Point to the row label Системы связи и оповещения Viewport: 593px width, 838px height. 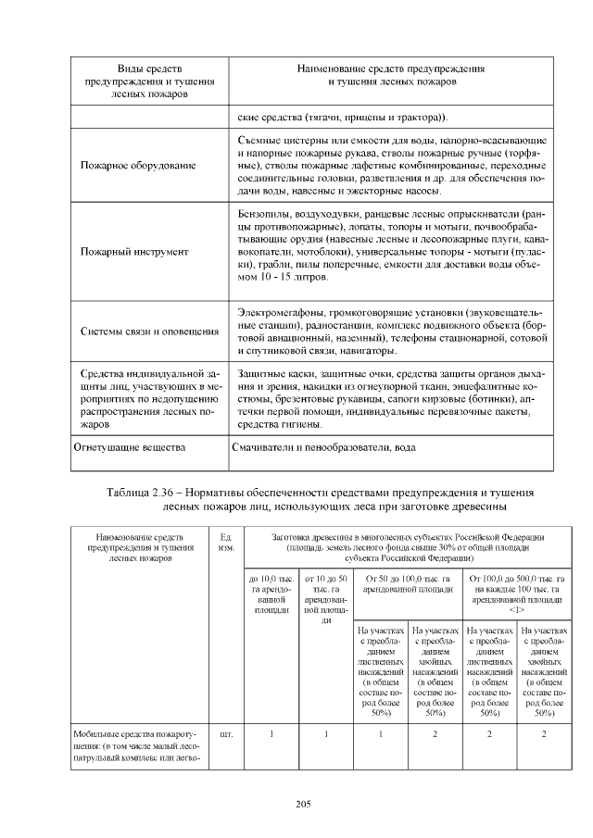click(x=149, y=331)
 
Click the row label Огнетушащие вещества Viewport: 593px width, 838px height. click(x=130, y=447)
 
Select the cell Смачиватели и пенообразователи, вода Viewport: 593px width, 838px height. click(x=327, y=447)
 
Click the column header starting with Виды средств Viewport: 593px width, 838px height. click(x=149, y=81)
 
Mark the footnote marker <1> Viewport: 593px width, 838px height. click(x=517, y=610)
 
